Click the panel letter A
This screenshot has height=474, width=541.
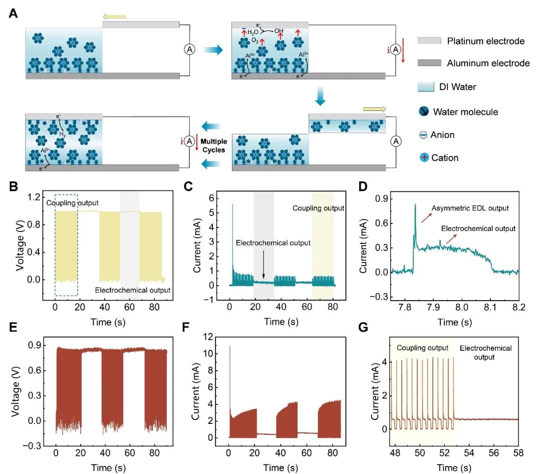(13, 14)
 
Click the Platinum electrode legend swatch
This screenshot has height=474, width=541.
(429, 41)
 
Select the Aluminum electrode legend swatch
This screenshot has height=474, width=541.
(429, 63)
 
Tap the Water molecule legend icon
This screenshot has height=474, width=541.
(424, 111)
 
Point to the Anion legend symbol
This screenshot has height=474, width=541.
(423, 135)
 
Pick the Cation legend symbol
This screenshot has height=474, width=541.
(424, 157)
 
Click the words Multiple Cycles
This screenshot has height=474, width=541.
(214, 146)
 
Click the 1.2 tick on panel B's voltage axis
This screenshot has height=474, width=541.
(34, 197)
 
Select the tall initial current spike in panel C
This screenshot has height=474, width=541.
(232, 242)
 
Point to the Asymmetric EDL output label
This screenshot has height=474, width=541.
(470, 208)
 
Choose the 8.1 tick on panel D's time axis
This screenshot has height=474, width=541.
(490, 307)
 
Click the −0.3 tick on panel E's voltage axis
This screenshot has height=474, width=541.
(32, 446)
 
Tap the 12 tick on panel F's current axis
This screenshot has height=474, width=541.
(208, 337)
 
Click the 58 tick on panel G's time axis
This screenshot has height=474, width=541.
(518, 453)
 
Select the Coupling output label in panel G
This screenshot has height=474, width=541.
(422, 348)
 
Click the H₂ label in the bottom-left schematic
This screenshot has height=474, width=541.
(63, 134)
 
